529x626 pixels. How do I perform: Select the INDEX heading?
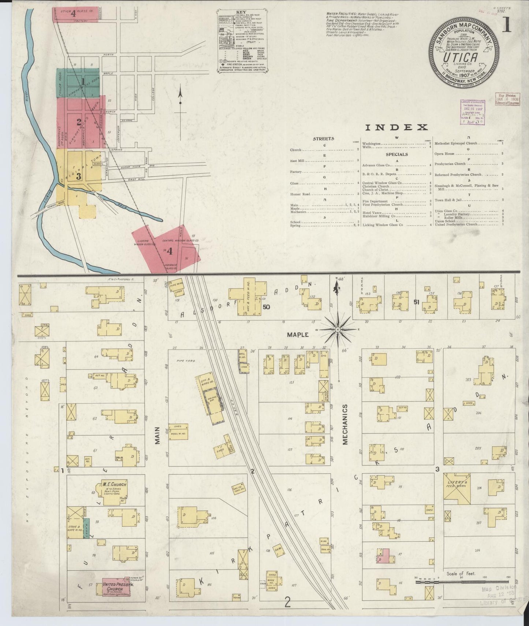[396, 127]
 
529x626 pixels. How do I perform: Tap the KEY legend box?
[242, 41]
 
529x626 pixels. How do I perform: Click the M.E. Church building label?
[114, 484]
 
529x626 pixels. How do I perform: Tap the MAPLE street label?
[298, 334]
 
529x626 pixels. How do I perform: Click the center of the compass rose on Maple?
[338, 331]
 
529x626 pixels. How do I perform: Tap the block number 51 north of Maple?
[416, 302]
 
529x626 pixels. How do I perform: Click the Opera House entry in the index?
[444, 154]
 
